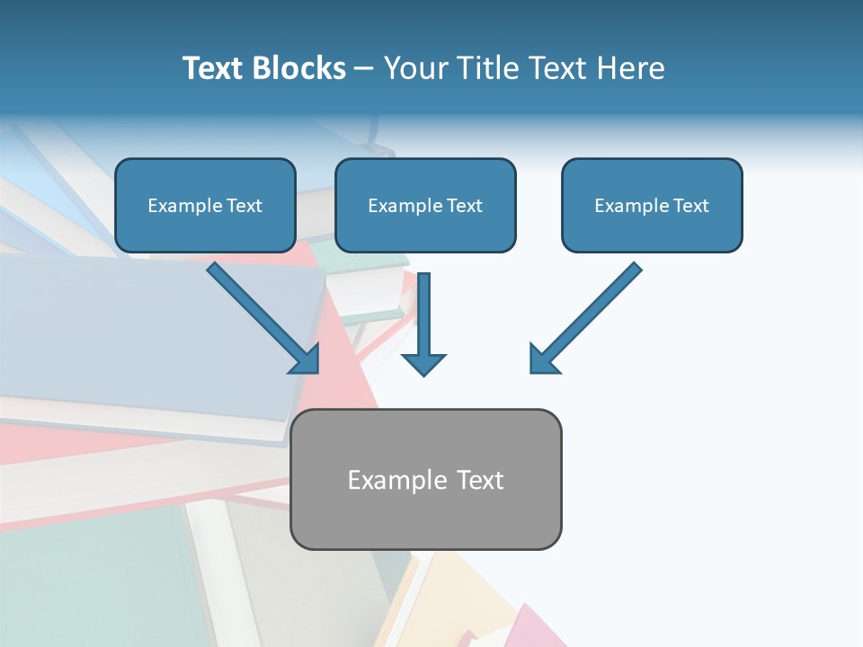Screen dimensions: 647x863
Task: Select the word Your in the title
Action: coord(414,68)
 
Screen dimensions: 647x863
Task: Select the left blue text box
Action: coord(205,205)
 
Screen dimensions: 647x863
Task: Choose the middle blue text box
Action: coord(425,205)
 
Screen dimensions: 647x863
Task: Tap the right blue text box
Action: coord(652,205)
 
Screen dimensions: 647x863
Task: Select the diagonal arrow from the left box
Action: coord(263,317)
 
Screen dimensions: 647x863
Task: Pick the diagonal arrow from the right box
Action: coord(586,317)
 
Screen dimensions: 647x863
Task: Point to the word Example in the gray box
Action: coord(397,480)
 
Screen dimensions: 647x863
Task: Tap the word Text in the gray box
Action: coord(479,480)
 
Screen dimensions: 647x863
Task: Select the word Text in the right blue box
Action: coord(690,206)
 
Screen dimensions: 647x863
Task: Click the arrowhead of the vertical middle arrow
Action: coord(423,364)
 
